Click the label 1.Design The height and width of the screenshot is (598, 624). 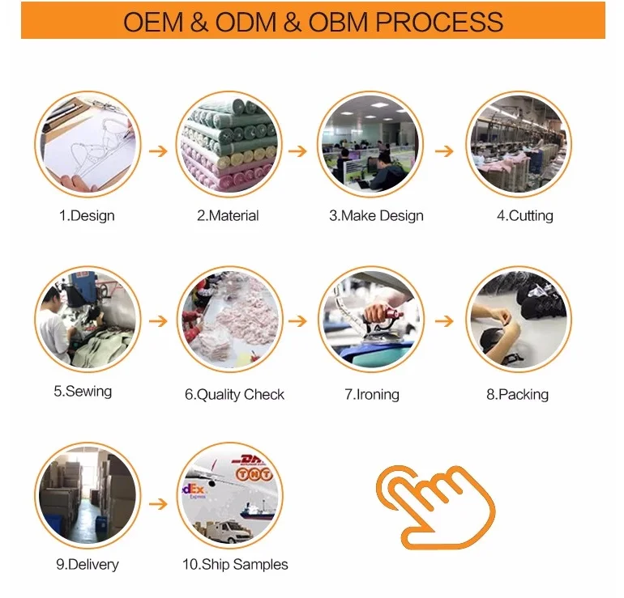(x=87, y=216)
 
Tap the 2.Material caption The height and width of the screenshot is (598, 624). (x=228, y=216)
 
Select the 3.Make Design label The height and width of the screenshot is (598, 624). (x=376, y=216)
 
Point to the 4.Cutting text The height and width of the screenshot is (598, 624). (x=525, y=216)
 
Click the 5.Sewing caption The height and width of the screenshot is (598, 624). (x=83, y=392)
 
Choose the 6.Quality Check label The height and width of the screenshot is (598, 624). (x=234, y=395)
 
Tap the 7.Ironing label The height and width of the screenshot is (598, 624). (x=372, y=395)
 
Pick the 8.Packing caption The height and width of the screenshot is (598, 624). (x=517, y=395)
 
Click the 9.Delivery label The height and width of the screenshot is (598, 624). (x=87, y=564)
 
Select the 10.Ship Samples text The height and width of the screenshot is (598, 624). (x=235, y=564)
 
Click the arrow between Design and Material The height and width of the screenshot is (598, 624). (x=159, y=151)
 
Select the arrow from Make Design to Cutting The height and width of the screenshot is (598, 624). (x=443, y=151)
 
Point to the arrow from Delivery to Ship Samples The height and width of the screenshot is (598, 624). (x=159, y=503)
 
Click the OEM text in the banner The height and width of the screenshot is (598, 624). (x=154, y=21)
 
